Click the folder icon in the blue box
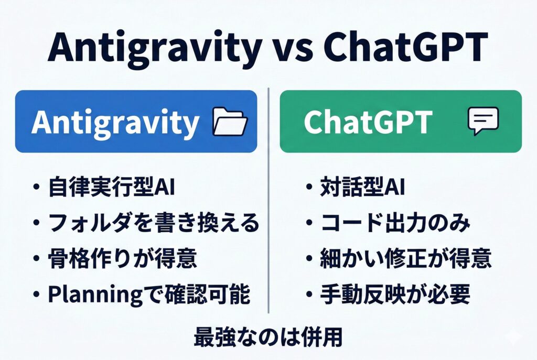pos(230,122)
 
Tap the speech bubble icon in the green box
pos(483,121)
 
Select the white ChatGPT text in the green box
pos(368,122)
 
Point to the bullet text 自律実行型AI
pos(112,187)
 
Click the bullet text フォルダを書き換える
pos(153,223)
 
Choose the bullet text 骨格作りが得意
pos(122,258)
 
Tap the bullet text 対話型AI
pos(362,187)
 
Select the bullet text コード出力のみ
pos(395,223)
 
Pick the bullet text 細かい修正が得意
pos(405,258)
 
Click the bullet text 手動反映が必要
pos(395,293)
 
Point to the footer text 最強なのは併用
pos(268,337)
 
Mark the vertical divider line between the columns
pos(268,200)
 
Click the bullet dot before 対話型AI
pos(309,188)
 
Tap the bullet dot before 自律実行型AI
pos(37,188)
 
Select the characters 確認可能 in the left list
pos(208,294)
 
